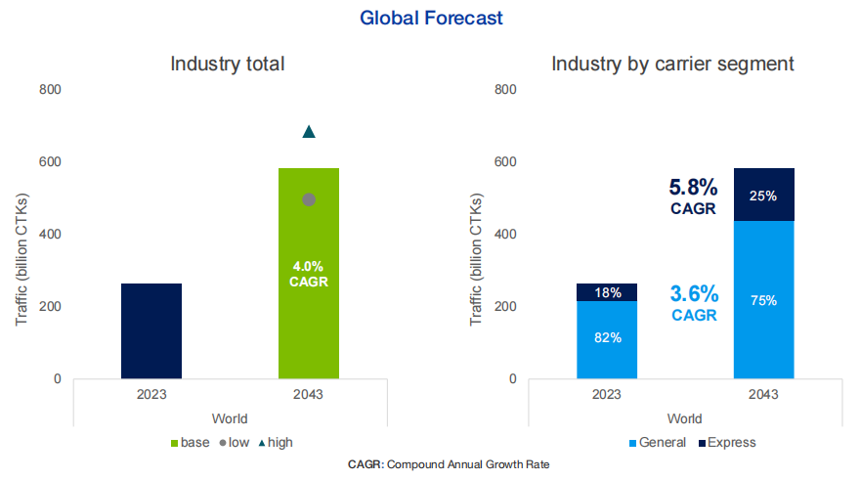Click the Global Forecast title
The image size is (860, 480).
[431, 18]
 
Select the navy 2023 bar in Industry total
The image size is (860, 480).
[151, 330]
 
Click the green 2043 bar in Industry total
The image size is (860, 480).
[308, 323]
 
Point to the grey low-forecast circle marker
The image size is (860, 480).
[309, 199]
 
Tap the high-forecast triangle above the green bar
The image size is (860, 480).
[309, 132]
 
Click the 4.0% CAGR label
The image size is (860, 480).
[309, 273]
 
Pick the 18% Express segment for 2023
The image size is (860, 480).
[607, 292]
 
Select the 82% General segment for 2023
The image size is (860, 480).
[607, 338]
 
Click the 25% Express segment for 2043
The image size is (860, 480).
[764, 196]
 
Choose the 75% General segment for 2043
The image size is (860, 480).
[764, 300]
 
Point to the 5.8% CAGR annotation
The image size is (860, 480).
[693, 196]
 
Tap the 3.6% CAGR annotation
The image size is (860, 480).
[694, 302]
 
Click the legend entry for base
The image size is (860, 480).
[191, 442]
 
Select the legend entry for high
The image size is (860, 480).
[275, 442]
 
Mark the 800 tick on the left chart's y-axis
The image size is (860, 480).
[50, 89]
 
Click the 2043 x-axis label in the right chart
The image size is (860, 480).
[763, 395]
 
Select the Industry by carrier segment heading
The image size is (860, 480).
[672, 65]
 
